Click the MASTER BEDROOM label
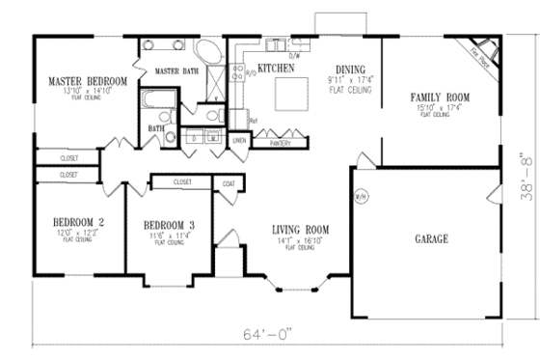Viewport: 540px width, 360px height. coord(88,81)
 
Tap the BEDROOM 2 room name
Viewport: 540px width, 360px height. coord(77,222)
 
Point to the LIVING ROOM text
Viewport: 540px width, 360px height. coord(300,229)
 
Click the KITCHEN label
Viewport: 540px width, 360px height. coord(275,69)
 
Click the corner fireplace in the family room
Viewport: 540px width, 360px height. coord(479,51)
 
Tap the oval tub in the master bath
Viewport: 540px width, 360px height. coord(208,52)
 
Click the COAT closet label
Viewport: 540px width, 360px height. coord(229,181)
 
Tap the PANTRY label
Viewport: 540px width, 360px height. coord(281,142)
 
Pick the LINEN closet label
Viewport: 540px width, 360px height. coord(240,141)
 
